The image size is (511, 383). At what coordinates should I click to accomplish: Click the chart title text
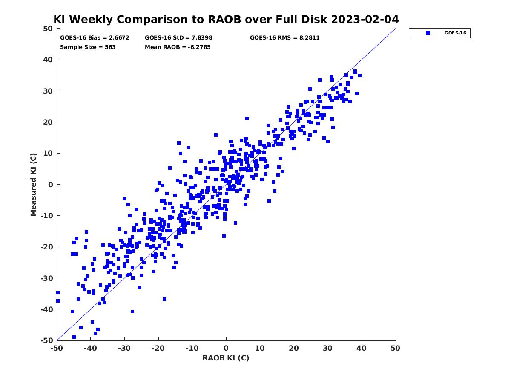[226, 19]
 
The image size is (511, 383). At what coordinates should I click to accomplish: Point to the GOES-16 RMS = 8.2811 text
[284, 37]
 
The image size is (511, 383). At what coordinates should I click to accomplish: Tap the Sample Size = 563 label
[88, 47]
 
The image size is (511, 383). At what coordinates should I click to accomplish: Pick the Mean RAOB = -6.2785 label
[178, 47]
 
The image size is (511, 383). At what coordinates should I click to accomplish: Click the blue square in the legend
[428, 33]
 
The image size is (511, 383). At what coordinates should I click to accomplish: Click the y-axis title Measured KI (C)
[33, 184]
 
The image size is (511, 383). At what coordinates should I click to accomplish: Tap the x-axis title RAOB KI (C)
[226, 358]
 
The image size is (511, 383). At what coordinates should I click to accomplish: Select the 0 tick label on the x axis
[226, 348]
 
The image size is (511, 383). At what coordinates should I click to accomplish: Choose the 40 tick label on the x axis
[362, 348]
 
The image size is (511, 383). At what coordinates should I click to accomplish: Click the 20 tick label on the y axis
[48, 122]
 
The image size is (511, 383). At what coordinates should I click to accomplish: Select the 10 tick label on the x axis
[260, 348]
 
